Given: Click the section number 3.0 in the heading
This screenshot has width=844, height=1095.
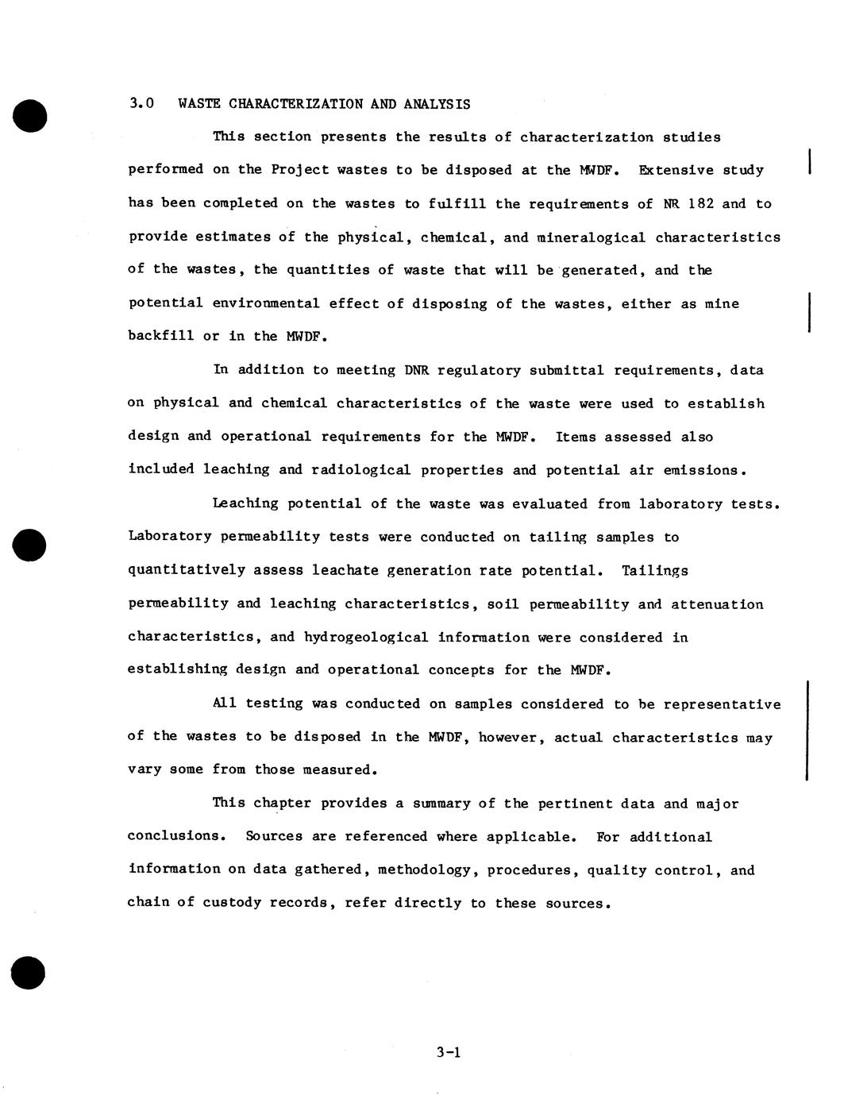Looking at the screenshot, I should tap(141, 104).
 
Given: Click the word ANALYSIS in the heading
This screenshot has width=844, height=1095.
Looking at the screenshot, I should tap(437, 104).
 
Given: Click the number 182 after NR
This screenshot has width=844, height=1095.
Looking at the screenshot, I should tap(700, 203).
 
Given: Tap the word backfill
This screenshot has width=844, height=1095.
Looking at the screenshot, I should tap(161, 336).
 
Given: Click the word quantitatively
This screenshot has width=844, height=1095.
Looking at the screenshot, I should tap(186, 570).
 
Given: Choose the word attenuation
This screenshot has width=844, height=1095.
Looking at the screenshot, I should tap(717, 604).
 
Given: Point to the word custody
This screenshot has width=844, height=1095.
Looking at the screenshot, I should tap(231, 903).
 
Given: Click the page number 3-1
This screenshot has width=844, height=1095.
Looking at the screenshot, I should tap(449, 1053).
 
